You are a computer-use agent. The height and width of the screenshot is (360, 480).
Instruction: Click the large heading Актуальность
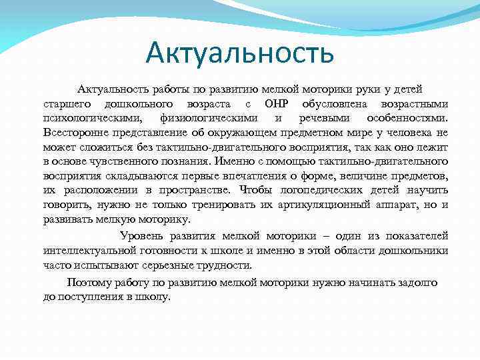pyautogui.click(x=240, y=53)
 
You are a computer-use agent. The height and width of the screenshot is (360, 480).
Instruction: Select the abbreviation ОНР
pyautogui.click(x=276, y=104)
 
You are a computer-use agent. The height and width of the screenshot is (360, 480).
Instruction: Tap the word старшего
pyautogui.click(x=66, y=104)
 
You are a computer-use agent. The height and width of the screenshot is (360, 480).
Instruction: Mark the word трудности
pyautogui.click(x=224, y=265)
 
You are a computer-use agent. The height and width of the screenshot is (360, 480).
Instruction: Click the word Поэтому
pyautogui.click(x=88, y=282)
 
